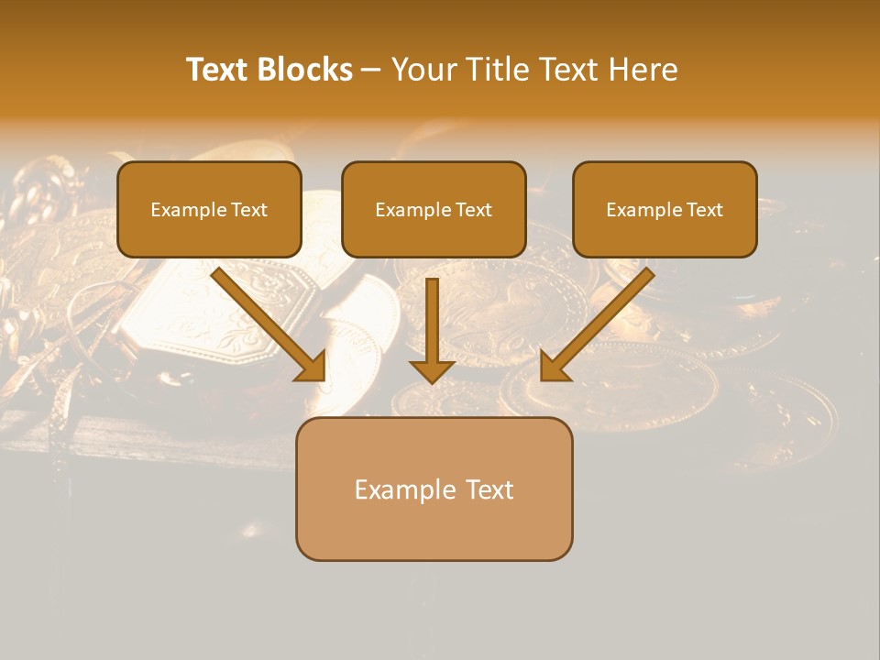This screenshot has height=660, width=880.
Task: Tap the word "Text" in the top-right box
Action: [704, 210]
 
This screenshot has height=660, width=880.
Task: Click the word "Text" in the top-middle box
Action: [473, 210]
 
